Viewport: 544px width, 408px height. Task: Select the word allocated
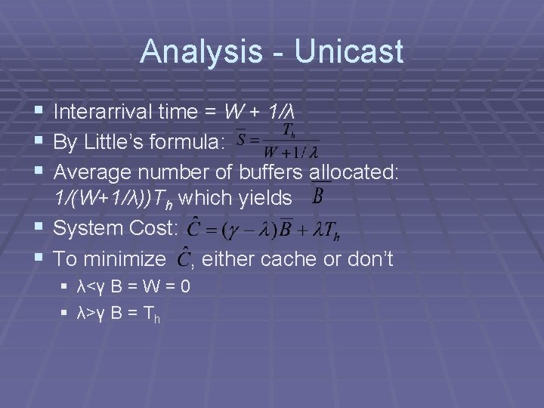(x=354, y=172)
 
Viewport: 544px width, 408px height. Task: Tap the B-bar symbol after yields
(x=318, y=197)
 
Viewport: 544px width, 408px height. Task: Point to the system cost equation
(x=261, y=228)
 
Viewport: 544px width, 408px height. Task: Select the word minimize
(x=128, y=259)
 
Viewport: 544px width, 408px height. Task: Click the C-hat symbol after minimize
(x=183, y=258)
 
